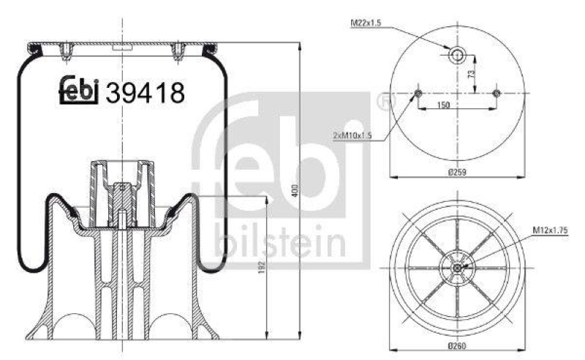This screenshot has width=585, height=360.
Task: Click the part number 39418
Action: tap(146, 93)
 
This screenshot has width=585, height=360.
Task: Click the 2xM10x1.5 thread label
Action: tap(353, 135)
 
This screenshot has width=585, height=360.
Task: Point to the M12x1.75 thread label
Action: tap(551, 231)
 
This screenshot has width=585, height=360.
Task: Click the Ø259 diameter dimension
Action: tap(458, 172)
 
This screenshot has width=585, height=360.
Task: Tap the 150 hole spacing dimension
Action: tap(443, 105)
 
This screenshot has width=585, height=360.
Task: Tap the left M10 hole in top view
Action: tap(418, 93)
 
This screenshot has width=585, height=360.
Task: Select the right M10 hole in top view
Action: tap(497, 93)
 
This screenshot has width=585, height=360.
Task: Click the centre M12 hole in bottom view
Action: tap(458, 268)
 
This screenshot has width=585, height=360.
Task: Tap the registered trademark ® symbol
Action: tap(383, 102)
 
